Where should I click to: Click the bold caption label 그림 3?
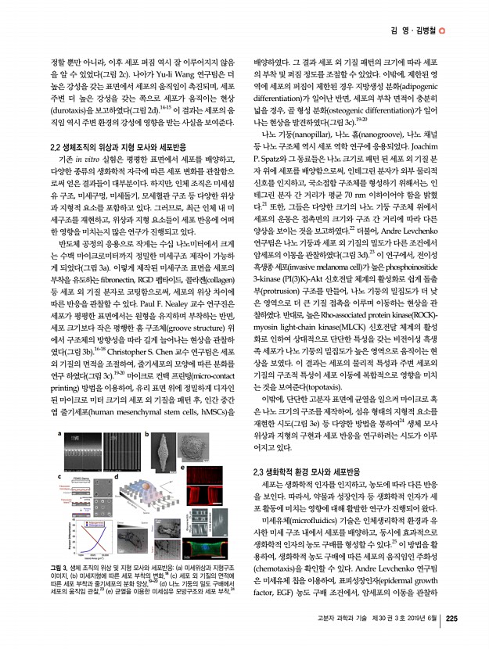coord(59,565)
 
